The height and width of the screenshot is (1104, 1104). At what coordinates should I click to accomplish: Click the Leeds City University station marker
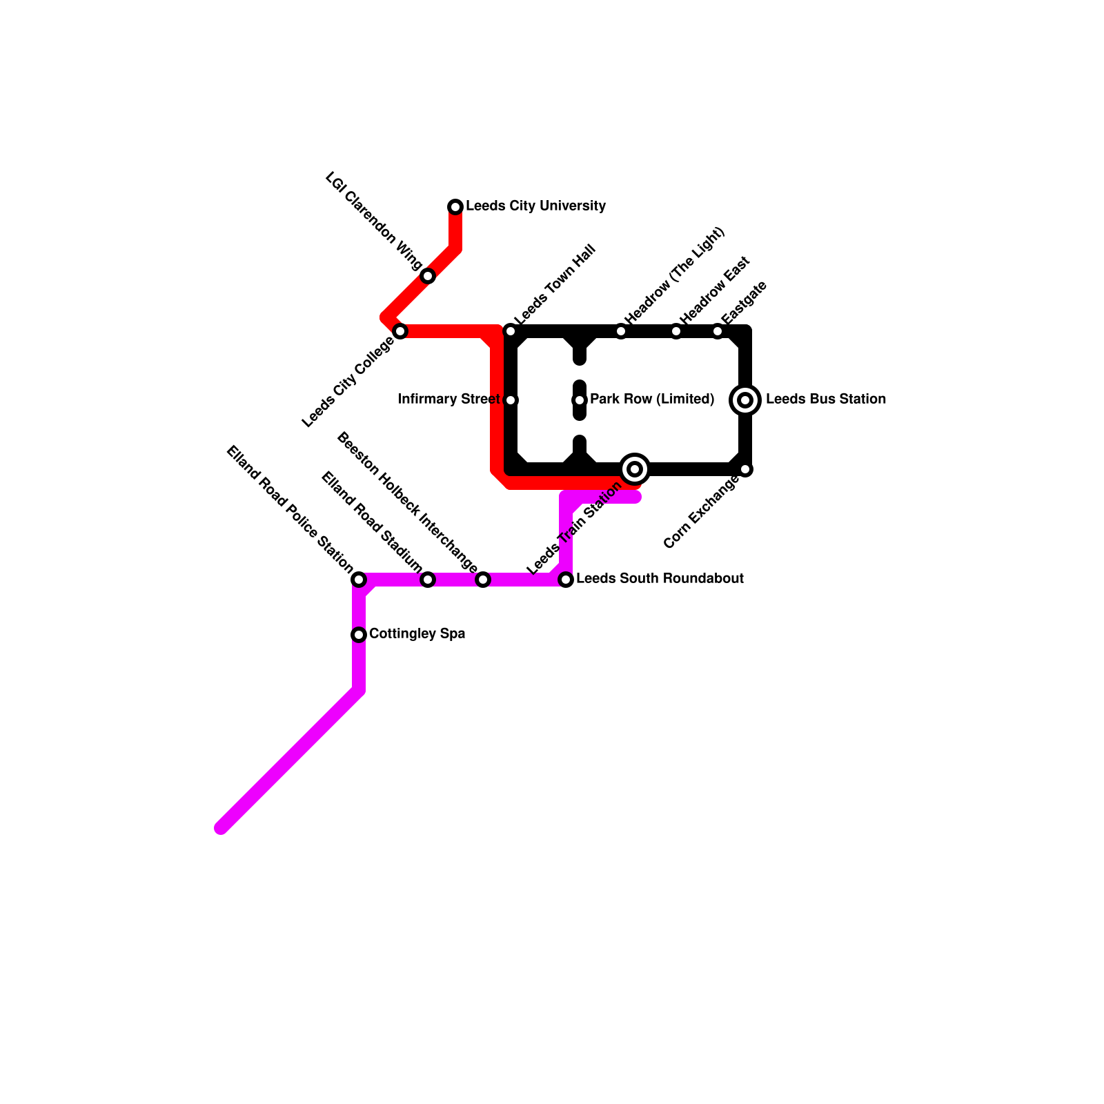(x=455, y=207)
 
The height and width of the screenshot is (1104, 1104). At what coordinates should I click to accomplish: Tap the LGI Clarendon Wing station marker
(x=428, y=276)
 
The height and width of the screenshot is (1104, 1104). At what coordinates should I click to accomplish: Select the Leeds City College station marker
(x=400, y=331)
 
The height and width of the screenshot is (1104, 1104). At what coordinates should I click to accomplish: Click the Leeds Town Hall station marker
(x=511, y=331)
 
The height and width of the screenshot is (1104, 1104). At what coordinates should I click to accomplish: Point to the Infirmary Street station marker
(x=511, y=400)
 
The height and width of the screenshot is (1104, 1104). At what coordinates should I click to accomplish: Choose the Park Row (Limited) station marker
(x=580, y=400)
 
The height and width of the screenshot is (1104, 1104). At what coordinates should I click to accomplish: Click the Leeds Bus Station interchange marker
(x=745, y=400)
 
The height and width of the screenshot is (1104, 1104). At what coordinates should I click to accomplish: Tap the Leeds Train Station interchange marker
(x=635, y=469)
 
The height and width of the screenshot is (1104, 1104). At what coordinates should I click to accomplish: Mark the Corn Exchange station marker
(x=745, y=469)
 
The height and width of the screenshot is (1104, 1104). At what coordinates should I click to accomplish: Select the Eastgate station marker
(x=718, y=331)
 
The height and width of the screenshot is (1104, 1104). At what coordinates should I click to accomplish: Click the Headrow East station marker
(x=676, y=331)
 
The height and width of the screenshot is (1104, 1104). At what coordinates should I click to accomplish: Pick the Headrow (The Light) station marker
(x=621, y=331)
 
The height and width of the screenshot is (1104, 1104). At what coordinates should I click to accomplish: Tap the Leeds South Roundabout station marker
(x=566, y=580)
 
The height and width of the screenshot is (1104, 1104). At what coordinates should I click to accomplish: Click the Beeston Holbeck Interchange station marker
(x=483, y=580)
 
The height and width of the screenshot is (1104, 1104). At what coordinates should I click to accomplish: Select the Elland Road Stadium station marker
(x=428, y=580)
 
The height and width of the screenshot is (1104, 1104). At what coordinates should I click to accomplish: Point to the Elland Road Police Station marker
(x=359, y=580)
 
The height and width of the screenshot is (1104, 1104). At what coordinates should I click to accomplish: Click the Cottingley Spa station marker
(x=359, y=635)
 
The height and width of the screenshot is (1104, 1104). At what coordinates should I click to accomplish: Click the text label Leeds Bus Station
(x=825, y=400)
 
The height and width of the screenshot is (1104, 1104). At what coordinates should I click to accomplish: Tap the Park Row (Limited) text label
(x=652, y=400)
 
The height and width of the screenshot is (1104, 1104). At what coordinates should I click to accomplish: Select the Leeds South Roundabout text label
(x=660, y=579)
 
